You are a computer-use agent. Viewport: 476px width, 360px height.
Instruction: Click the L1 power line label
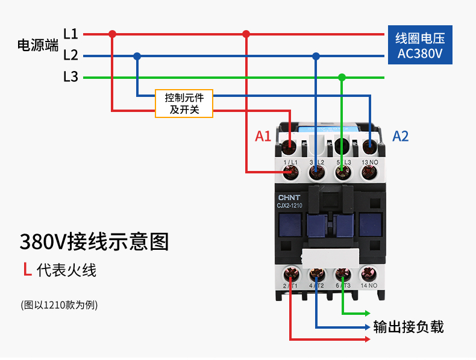70,34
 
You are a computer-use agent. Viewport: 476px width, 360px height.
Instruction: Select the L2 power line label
70,55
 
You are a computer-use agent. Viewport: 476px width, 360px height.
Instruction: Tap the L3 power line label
70,77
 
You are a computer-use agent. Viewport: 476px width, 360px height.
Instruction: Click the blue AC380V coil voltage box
420,46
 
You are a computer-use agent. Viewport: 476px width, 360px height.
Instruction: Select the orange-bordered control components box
184,104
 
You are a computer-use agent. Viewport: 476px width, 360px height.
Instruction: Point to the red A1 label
263,136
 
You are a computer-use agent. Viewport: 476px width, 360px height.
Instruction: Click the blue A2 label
401,136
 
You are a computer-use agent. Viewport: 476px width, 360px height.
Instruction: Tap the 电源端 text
38,45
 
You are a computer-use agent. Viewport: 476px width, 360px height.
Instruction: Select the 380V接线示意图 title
94,241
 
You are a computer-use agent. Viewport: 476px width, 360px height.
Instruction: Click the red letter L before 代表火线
27,270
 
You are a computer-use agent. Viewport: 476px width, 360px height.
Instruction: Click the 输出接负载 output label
409,327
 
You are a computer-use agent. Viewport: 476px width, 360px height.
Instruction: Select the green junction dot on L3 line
342,77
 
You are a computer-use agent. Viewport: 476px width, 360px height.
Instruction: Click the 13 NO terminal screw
369,173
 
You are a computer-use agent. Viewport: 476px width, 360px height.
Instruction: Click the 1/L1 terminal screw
291,173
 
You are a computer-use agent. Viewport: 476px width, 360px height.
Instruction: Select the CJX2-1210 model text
293,206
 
